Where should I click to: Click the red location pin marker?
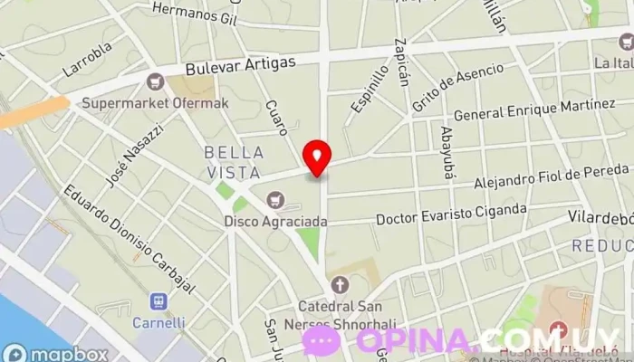coord(317,157)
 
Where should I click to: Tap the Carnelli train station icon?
coord(158,300)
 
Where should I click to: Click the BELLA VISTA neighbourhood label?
coord(234,161)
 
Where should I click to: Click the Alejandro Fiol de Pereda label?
coord(552,176)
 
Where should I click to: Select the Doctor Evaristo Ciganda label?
coord(451,214)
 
